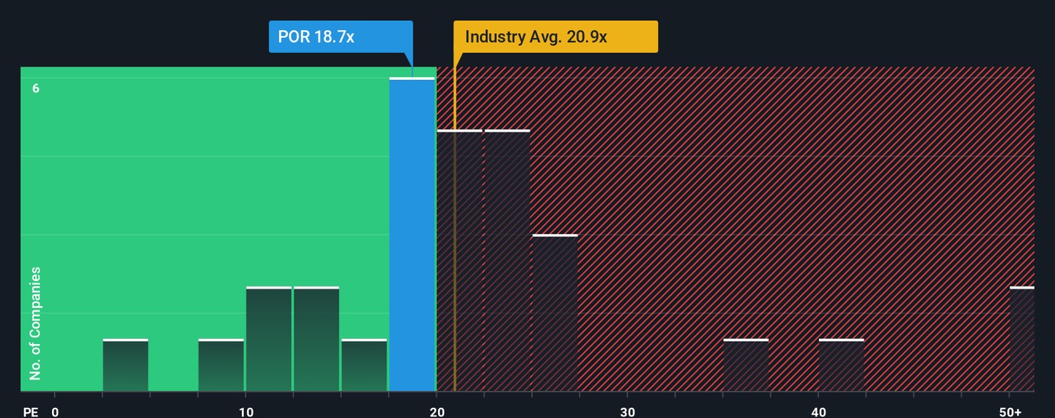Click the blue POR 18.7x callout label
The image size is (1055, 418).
[341, 37]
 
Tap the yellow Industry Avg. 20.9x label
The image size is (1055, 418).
[555, 37]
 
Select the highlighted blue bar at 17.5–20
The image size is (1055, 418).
[412, 234]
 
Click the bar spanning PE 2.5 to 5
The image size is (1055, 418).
[125, 365]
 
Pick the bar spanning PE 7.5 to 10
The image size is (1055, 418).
[221, 365]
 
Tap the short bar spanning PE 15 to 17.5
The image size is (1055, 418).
[364, 365]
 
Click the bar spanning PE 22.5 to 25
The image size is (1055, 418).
[507, 261]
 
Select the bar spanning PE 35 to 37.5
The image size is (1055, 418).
[746, 365]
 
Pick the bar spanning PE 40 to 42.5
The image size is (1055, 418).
[841, 365]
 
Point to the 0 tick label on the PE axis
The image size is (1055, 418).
[55, 412]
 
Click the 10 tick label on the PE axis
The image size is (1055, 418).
[246, 412]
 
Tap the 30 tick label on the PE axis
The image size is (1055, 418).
[628, 412]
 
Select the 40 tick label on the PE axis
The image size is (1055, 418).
[818, 412]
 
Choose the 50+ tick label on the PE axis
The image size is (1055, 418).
[1010, 412]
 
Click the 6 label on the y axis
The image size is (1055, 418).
[35, 89]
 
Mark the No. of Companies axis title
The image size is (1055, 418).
[35, 324]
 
